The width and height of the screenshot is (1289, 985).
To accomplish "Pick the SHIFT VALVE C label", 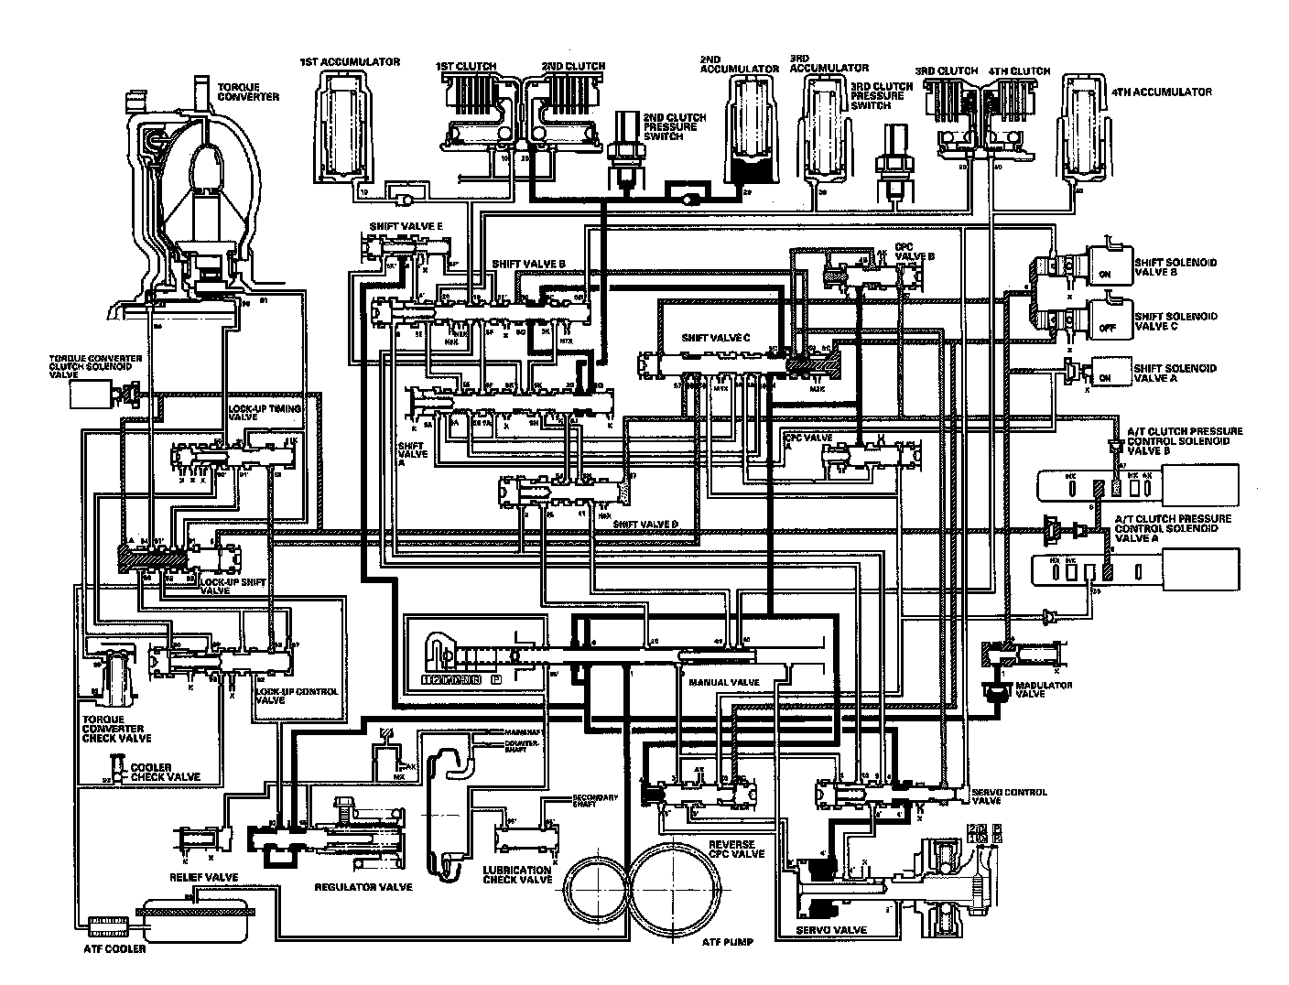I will tap(716, 337).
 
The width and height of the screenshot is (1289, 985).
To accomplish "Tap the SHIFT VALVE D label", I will tap(644, 524).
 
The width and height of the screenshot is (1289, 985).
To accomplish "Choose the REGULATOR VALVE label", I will tap(363, 886).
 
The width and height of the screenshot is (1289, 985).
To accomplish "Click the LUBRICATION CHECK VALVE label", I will tap(517, 874).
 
